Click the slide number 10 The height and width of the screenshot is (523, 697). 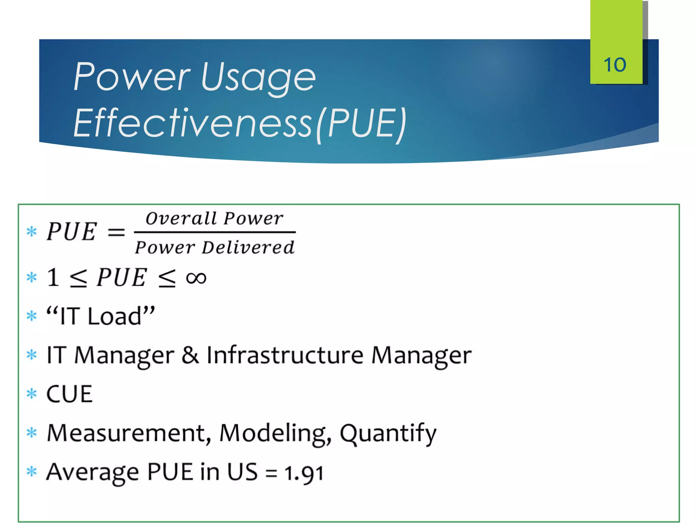[615, 65]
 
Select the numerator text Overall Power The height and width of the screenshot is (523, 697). [214, 218]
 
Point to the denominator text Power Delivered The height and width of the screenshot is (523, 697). [214, 247]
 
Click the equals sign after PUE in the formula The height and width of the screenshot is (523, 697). [116, 233]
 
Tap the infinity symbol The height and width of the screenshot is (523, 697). [196, 278]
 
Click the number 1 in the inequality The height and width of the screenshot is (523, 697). [53, 277]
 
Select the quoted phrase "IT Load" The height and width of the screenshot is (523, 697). [101, 316]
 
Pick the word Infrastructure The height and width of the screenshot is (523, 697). [285, 355]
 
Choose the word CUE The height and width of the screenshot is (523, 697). [69, 394]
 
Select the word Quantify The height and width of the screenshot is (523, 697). [388, 434]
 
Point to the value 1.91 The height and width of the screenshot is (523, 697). [304, 473]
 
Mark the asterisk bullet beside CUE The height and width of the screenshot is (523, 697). [32, 394]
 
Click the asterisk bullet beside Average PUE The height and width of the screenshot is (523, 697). [32, 472]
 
